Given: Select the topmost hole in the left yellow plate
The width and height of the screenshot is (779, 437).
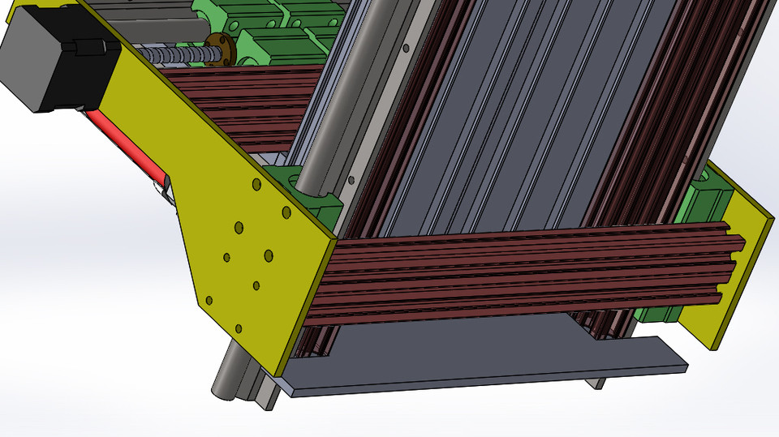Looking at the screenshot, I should coord(256,186).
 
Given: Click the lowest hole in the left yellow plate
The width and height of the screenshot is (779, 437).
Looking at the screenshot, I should coord(239,328).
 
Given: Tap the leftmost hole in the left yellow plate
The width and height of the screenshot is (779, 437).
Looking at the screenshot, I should coord(209,300).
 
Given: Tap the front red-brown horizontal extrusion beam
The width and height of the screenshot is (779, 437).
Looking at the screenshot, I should coord(519,268).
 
